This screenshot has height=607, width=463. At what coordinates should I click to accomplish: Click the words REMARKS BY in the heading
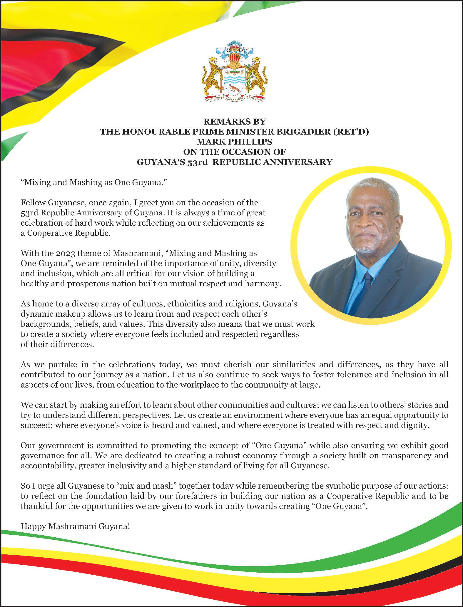point(234,122)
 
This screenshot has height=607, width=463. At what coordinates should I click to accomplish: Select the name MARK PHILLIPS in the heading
point(234,142)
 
